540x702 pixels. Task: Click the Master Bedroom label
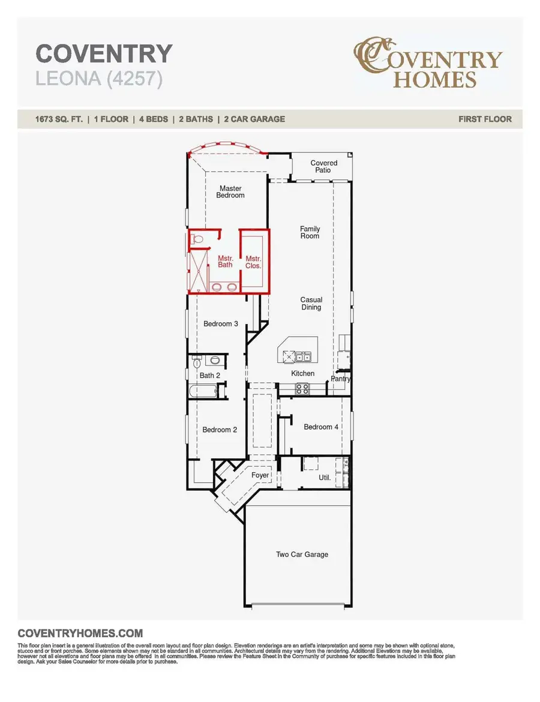click(230, 192)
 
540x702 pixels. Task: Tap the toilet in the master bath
click(198, 239)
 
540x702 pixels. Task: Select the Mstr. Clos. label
click(253, 262)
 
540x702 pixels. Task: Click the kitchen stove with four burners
click(302, 389)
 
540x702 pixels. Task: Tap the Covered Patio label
click(323, 166)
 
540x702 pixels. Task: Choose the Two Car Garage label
click(302, 554)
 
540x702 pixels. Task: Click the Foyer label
click(260, 475)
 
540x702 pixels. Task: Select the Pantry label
click(340, 379)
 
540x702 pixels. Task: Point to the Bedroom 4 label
click(321, 427)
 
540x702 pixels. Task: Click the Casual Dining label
click(311, 304)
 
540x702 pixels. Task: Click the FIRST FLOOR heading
click(485, 119)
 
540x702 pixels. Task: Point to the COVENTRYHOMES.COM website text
click(80, 633)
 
